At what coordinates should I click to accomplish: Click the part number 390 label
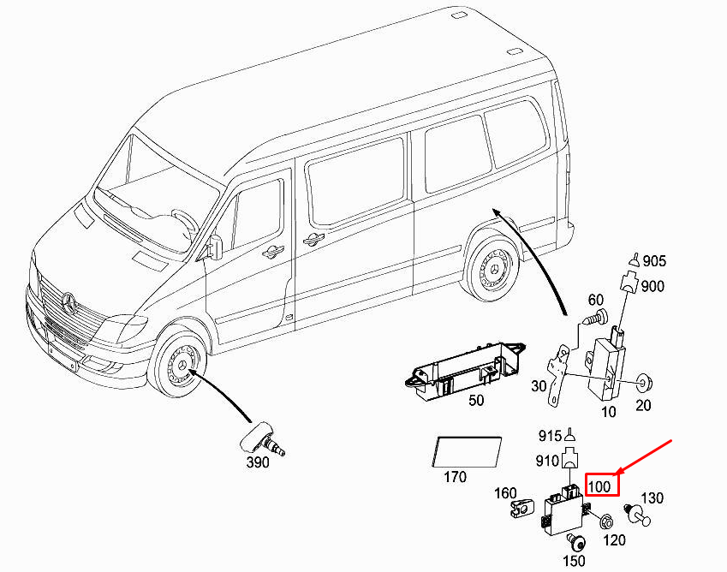point(258,462)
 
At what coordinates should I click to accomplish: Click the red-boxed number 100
point(600,486)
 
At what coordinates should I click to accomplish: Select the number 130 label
point(653,498)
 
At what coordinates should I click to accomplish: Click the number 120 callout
point(615,540)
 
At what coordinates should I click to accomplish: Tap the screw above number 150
point(576,539)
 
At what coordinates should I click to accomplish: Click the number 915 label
point(549,436)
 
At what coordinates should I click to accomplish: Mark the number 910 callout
point(549,460)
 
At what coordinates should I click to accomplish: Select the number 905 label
point(654,261)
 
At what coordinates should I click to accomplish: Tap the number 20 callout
point(644,406)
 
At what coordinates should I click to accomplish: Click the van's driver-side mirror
point(215,246)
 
